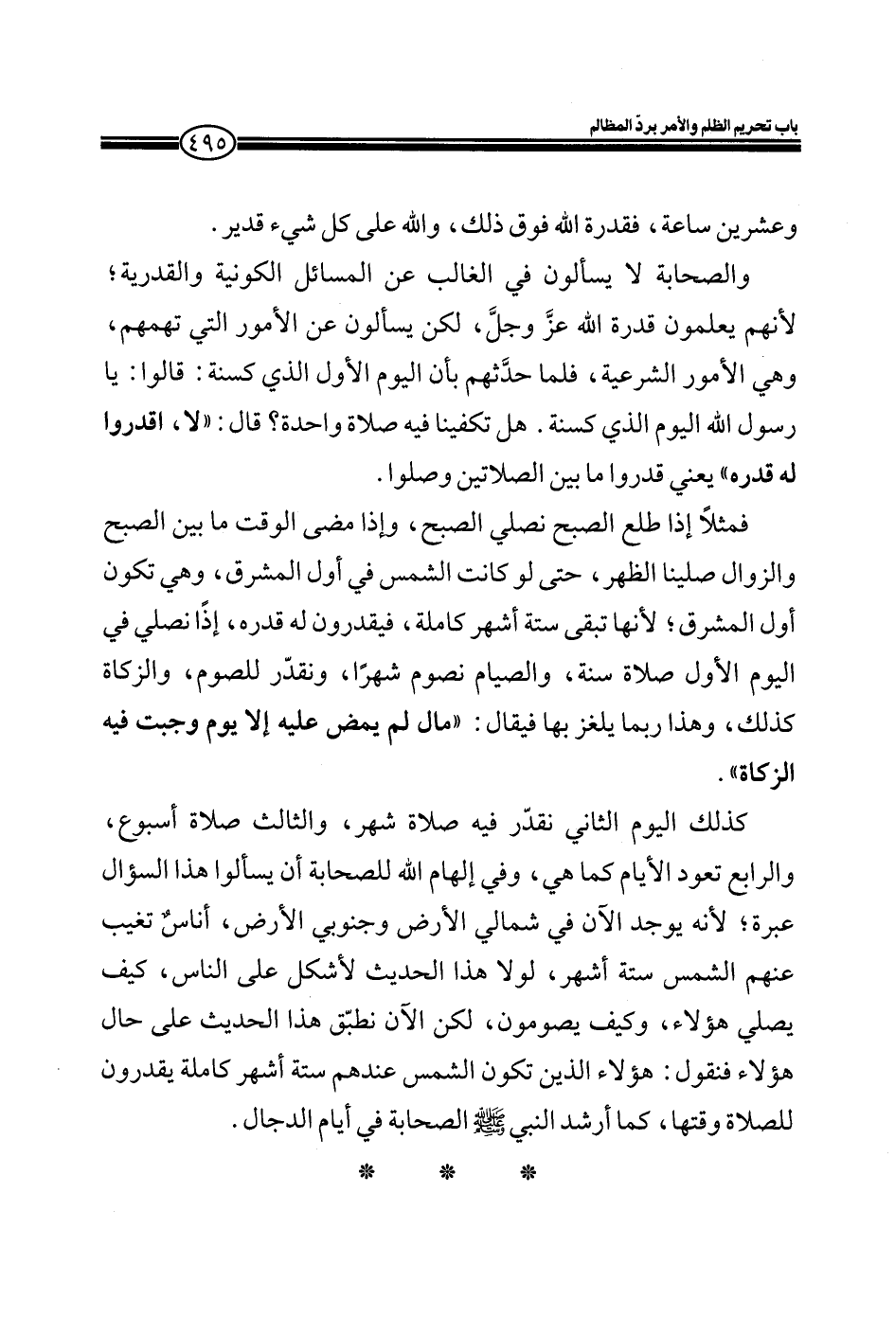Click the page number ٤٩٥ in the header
point(204,147)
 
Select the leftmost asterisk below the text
point(363,1175)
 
